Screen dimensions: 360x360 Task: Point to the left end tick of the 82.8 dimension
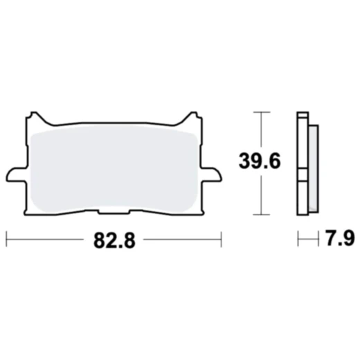pos(6,240)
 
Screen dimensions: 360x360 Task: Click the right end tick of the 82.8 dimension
pos(221,240)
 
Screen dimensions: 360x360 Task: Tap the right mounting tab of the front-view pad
pos(213,172)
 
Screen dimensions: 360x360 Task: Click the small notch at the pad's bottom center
pos(113,211)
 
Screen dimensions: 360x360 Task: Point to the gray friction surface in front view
pos(113,166)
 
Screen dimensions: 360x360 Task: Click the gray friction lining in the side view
pos(312,166)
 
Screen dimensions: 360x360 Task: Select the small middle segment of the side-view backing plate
pos(302,173)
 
